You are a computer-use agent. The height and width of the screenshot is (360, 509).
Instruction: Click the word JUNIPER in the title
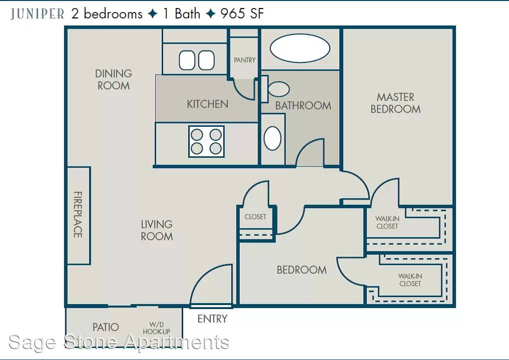[37, 14]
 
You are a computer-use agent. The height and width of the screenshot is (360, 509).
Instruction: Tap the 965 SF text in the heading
[242, 13]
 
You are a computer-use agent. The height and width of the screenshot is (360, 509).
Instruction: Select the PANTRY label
[245, 60]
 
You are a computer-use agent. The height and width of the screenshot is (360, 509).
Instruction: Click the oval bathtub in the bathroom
[300, 48]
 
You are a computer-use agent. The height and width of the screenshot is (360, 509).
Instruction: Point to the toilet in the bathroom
[275, 89]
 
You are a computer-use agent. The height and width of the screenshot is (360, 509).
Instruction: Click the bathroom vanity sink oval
[272, 138]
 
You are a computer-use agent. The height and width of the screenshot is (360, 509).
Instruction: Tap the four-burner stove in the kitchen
[207, 141]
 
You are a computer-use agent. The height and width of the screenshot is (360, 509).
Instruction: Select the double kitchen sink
[197, 60]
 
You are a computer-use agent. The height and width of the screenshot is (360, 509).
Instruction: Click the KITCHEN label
[208, 104]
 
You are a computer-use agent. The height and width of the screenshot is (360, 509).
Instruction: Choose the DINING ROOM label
[114, 79]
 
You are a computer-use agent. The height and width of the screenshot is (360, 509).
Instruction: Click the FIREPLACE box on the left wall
[78, 215]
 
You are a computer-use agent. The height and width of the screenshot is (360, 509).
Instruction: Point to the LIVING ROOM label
[157, 230]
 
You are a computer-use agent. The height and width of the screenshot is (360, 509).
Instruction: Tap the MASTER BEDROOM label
[396, 103]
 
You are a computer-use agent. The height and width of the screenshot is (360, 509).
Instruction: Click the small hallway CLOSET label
[255, 217]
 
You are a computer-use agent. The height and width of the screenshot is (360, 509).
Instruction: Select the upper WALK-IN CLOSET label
[387, 222]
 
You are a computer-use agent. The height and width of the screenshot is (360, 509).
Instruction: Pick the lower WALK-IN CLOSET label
[410, 280]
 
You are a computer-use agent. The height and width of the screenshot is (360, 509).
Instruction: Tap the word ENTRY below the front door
[212, 319]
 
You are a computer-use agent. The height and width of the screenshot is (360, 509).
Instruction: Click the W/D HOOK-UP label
[157, 328]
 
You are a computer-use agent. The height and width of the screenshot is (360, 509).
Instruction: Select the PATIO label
[106, 327]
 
